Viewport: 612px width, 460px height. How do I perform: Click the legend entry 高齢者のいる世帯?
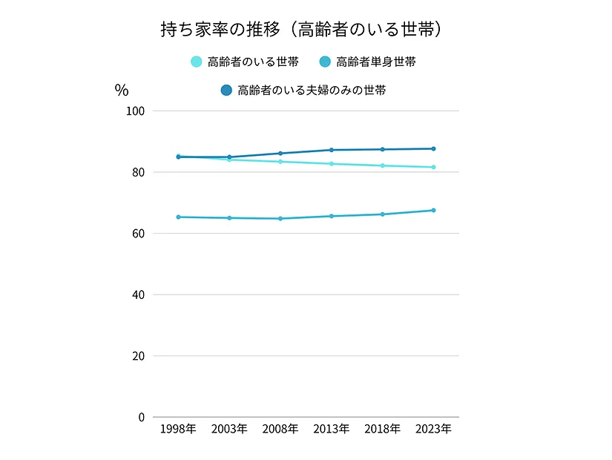246,62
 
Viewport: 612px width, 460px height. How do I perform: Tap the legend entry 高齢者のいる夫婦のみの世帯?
303,91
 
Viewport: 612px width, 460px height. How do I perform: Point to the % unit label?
122,91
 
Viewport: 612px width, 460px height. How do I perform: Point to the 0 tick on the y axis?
141,417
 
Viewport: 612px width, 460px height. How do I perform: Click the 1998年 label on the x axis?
178,430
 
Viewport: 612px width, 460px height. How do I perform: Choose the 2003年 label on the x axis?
229,430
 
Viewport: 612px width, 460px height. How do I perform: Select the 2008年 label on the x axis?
280,430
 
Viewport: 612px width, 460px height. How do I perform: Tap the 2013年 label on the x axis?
332,430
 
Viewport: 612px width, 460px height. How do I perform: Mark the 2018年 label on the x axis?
383,430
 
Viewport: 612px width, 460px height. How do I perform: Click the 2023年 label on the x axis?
434,430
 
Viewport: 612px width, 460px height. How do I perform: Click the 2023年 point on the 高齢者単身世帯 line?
434,211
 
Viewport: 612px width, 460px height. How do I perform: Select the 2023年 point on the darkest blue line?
434,149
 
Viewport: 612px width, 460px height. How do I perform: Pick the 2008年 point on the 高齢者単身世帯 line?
280,219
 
